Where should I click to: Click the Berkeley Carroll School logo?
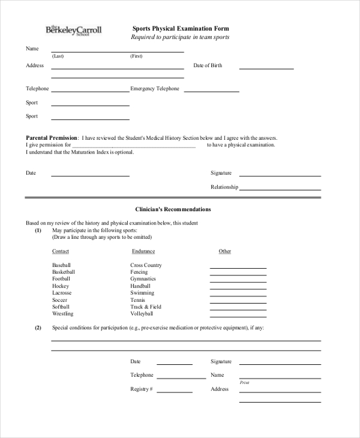pos(74,30)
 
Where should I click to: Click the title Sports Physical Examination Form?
pos(180,28)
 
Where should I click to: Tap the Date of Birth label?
pos(208,65)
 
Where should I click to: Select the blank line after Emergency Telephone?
pos(211,91)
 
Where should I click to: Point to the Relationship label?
pos(224,187)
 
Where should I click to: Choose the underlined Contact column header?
pos(61,251)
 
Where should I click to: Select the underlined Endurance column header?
pos(142,251)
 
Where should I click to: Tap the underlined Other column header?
pos(224,251)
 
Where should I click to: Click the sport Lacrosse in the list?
pos(62,293)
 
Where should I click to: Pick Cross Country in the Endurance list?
pos(146,265)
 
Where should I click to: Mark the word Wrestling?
pos(62,314)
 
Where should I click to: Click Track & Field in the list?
pos(146,307)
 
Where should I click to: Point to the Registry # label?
pos(142,389)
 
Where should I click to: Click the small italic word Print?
pos(244,382)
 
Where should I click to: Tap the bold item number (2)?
pos(38,328)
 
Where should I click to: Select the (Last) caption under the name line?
pos(58,56)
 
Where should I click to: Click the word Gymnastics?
pos(143,279)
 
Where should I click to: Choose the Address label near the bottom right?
pos(220,389)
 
